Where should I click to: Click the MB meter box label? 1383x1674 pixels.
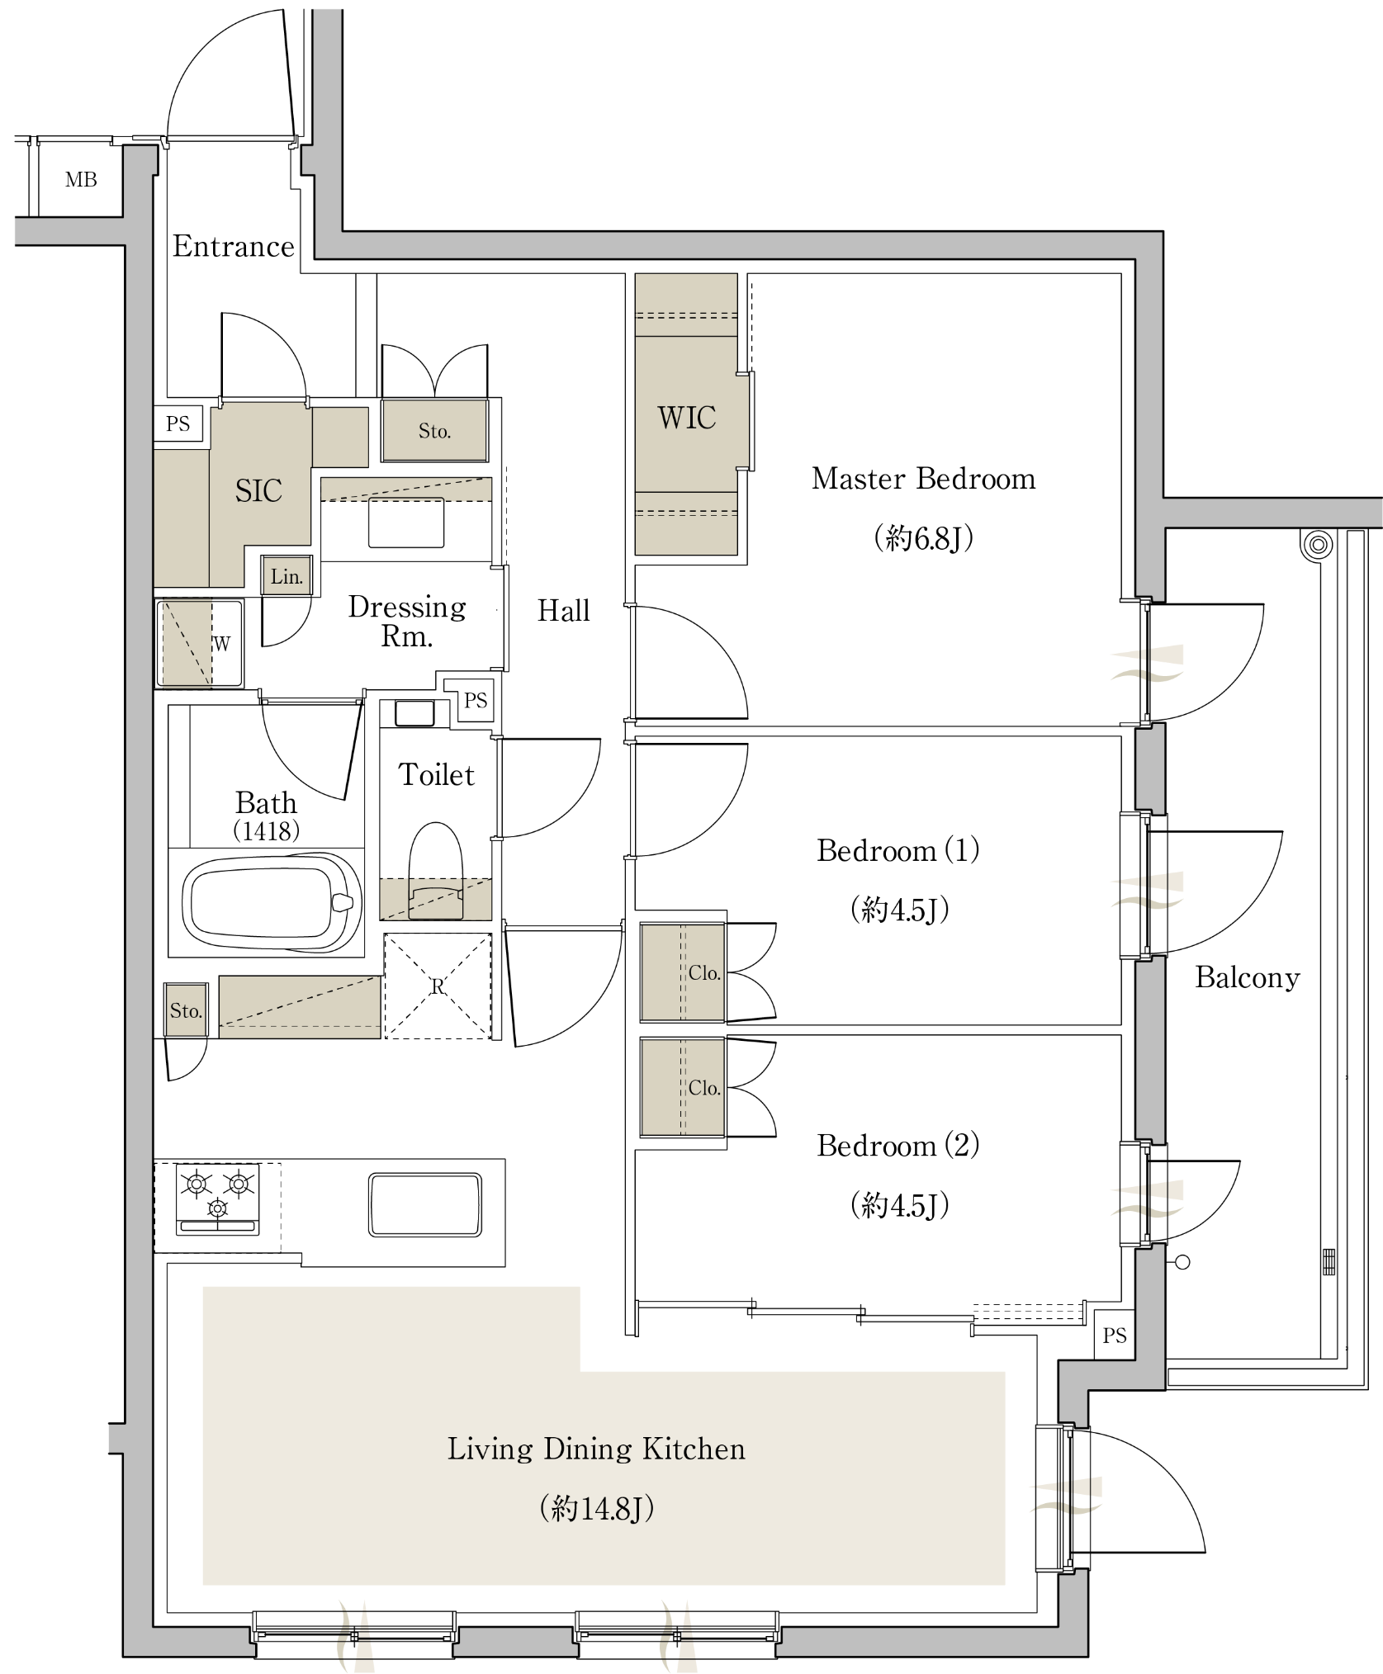[81, 179]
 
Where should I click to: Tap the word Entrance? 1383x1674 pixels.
[233, 246]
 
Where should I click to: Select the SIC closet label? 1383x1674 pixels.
[258, 491]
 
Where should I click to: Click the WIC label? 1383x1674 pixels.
[686, 418]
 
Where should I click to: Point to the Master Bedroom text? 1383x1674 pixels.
[923, 479]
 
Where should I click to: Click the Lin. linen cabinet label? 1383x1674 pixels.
[287, 577]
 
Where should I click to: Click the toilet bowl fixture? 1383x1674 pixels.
[436, 871]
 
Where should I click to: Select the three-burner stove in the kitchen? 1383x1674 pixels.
[218, 1199]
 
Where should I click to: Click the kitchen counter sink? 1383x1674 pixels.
[425, 1205]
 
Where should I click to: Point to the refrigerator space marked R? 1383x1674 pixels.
[438, 986]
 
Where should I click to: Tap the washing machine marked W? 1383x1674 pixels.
[199, 644]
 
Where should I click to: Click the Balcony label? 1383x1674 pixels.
[1247, 977]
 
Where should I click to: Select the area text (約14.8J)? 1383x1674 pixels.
[596, 1509]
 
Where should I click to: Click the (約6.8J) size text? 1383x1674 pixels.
[924, 538]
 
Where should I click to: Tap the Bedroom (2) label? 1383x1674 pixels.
[898, 1146]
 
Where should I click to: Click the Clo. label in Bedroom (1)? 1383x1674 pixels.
[704, 973]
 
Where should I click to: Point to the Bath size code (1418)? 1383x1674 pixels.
[267, 830]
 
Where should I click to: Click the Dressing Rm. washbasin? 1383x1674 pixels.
[406, 522]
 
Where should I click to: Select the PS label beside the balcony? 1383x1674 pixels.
[1115, 1336]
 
